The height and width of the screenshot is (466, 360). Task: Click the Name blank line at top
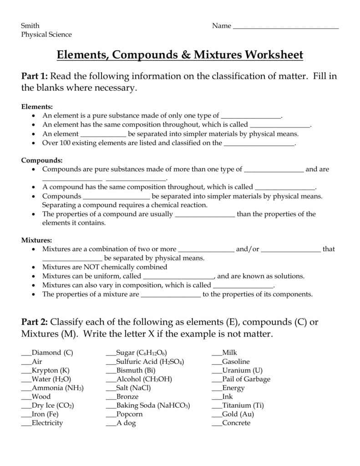(286, 27)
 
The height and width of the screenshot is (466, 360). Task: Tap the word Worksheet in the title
(274, 55)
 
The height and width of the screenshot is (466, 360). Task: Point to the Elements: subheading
(37, 106)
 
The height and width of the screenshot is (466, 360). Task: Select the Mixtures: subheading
(37, 240)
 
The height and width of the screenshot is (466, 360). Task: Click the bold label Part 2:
(35, 322)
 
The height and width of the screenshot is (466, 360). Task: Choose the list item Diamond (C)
(52, 352)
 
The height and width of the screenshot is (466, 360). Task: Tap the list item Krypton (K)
(51, 370)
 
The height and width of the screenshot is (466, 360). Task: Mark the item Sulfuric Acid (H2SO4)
(150, 361)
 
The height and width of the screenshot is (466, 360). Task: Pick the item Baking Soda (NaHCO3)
(153, 405)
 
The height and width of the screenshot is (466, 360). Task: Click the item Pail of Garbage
(246, 379)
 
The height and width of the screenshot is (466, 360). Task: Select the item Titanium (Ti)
(243, 405)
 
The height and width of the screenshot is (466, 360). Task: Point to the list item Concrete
(236, 423)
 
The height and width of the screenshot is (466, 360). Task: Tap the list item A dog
(126, 423)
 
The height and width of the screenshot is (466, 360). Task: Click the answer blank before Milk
(217, 353)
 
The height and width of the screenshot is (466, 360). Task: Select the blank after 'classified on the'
(259, 143)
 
